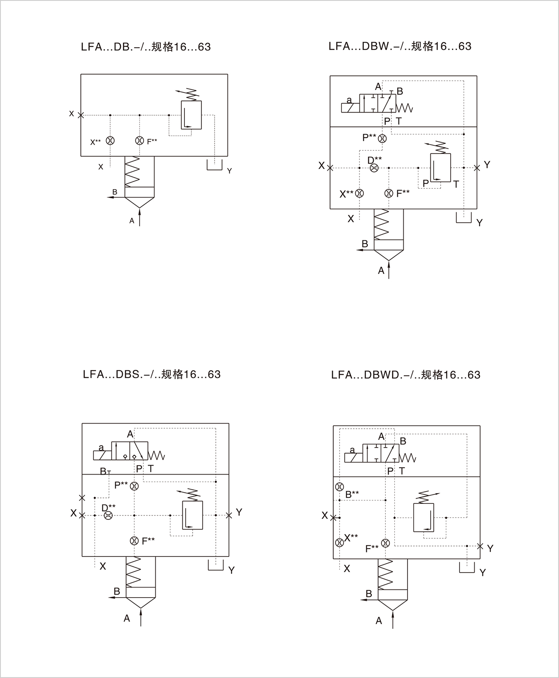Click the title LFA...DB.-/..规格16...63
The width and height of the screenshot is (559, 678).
[146, 47]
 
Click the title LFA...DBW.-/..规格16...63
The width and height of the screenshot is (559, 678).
[400, 46]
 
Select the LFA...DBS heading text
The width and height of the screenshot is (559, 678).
[152, 374]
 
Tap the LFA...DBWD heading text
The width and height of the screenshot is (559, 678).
[405, 375]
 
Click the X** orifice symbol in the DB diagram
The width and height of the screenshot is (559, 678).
[110, 141]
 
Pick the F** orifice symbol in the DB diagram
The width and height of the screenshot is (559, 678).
[139, 141]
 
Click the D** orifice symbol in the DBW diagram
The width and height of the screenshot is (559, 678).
[374, 168]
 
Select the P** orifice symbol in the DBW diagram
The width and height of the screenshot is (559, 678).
[382, 138]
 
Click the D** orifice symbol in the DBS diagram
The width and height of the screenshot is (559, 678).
[108, 515]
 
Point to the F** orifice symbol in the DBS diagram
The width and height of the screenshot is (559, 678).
[134, 541]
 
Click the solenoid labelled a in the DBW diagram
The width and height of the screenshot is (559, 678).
[350, 108]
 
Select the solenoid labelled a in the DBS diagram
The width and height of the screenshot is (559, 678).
[102, 455]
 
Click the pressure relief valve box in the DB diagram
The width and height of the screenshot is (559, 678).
[191, 115]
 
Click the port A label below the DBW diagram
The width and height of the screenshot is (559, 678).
[381, 270]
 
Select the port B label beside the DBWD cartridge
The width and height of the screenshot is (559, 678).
[369, 594]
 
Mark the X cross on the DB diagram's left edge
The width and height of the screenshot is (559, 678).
[81, 115]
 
